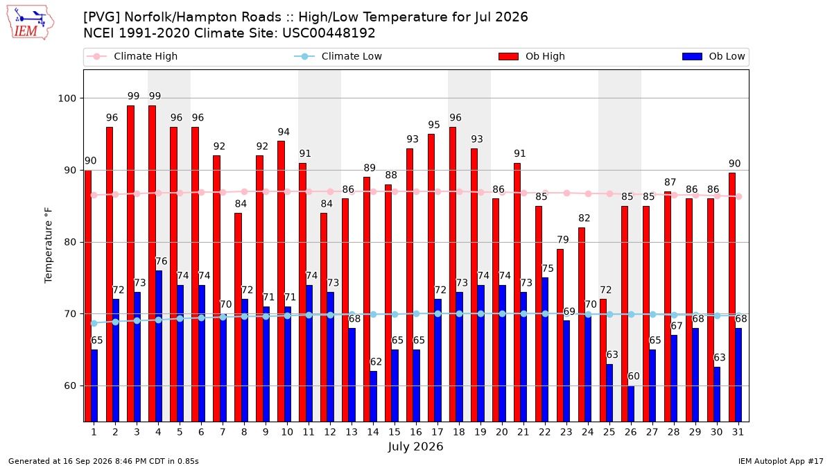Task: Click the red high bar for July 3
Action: point(131,263)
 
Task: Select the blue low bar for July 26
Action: point(631,404)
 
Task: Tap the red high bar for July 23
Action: point(560,336)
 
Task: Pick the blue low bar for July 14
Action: point(373,397)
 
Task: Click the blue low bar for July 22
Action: point(545,349)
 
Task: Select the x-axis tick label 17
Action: point(437,432)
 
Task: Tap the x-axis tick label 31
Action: point(738,432)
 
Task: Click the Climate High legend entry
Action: point(132,56)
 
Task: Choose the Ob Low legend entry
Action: point(713,56)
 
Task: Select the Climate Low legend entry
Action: point(338,56)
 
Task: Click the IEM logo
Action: point(31,23)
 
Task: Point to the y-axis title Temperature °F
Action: point(49,245)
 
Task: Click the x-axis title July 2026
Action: point(415,447)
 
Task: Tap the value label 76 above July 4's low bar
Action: point(161,261)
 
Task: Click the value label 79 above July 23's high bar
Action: point(563,240)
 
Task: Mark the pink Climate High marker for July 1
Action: point(94,196)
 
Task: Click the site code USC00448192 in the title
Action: point(329,33)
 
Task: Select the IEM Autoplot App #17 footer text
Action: point(781,461)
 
